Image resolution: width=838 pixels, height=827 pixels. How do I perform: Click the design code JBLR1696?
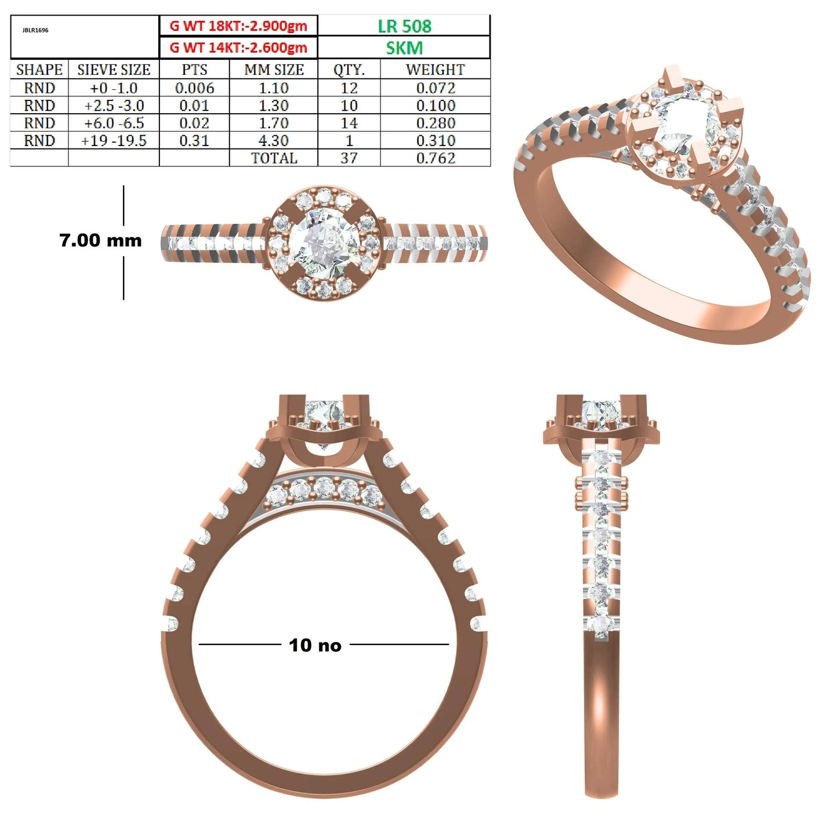tap(35, 31)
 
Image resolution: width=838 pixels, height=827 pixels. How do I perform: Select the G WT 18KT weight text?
tap(238, 26)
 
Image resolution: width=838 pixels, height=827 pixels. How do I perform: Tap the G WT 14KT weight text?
tap(238, 48)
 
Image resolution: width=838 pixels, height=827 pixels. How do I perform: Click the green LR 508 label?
tap(404, 26)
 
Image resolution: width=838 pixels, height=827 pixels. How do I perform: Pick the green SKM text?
tap(404, 48)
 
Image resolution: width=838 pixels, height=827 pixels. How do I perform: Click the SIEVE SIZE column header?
tap(114, 70)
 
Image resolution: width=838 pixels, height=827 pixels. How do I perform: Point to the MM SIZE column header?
tap(274, 70)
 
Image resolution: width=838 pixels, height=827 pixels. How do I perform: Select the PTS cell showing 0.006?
tap(194, 88)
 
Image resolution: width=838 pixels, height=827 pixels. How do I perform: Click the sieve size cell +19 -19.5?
tap(114, 141)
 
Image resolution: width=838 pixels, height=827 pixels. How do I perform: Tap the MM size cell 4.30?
tap(274, 141)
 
